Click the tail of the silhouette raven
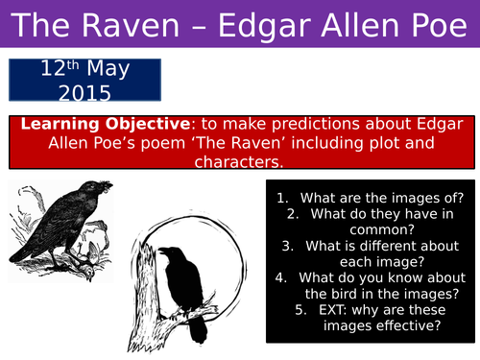pyautogui.click(x=199, y=331)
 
